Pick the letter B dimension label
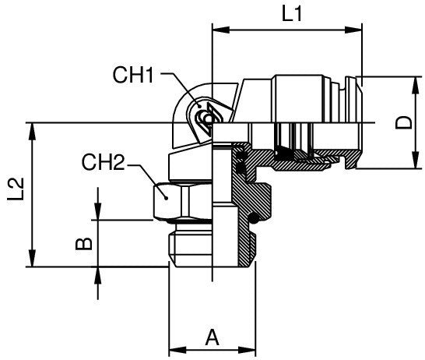point(87,243)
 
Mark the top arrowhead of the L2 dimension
point(32,128)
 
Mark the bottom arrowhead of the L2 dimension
point(32,261)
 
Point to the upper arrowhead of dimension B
point(97,214)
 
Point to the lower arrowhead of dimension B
point(97,274)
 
